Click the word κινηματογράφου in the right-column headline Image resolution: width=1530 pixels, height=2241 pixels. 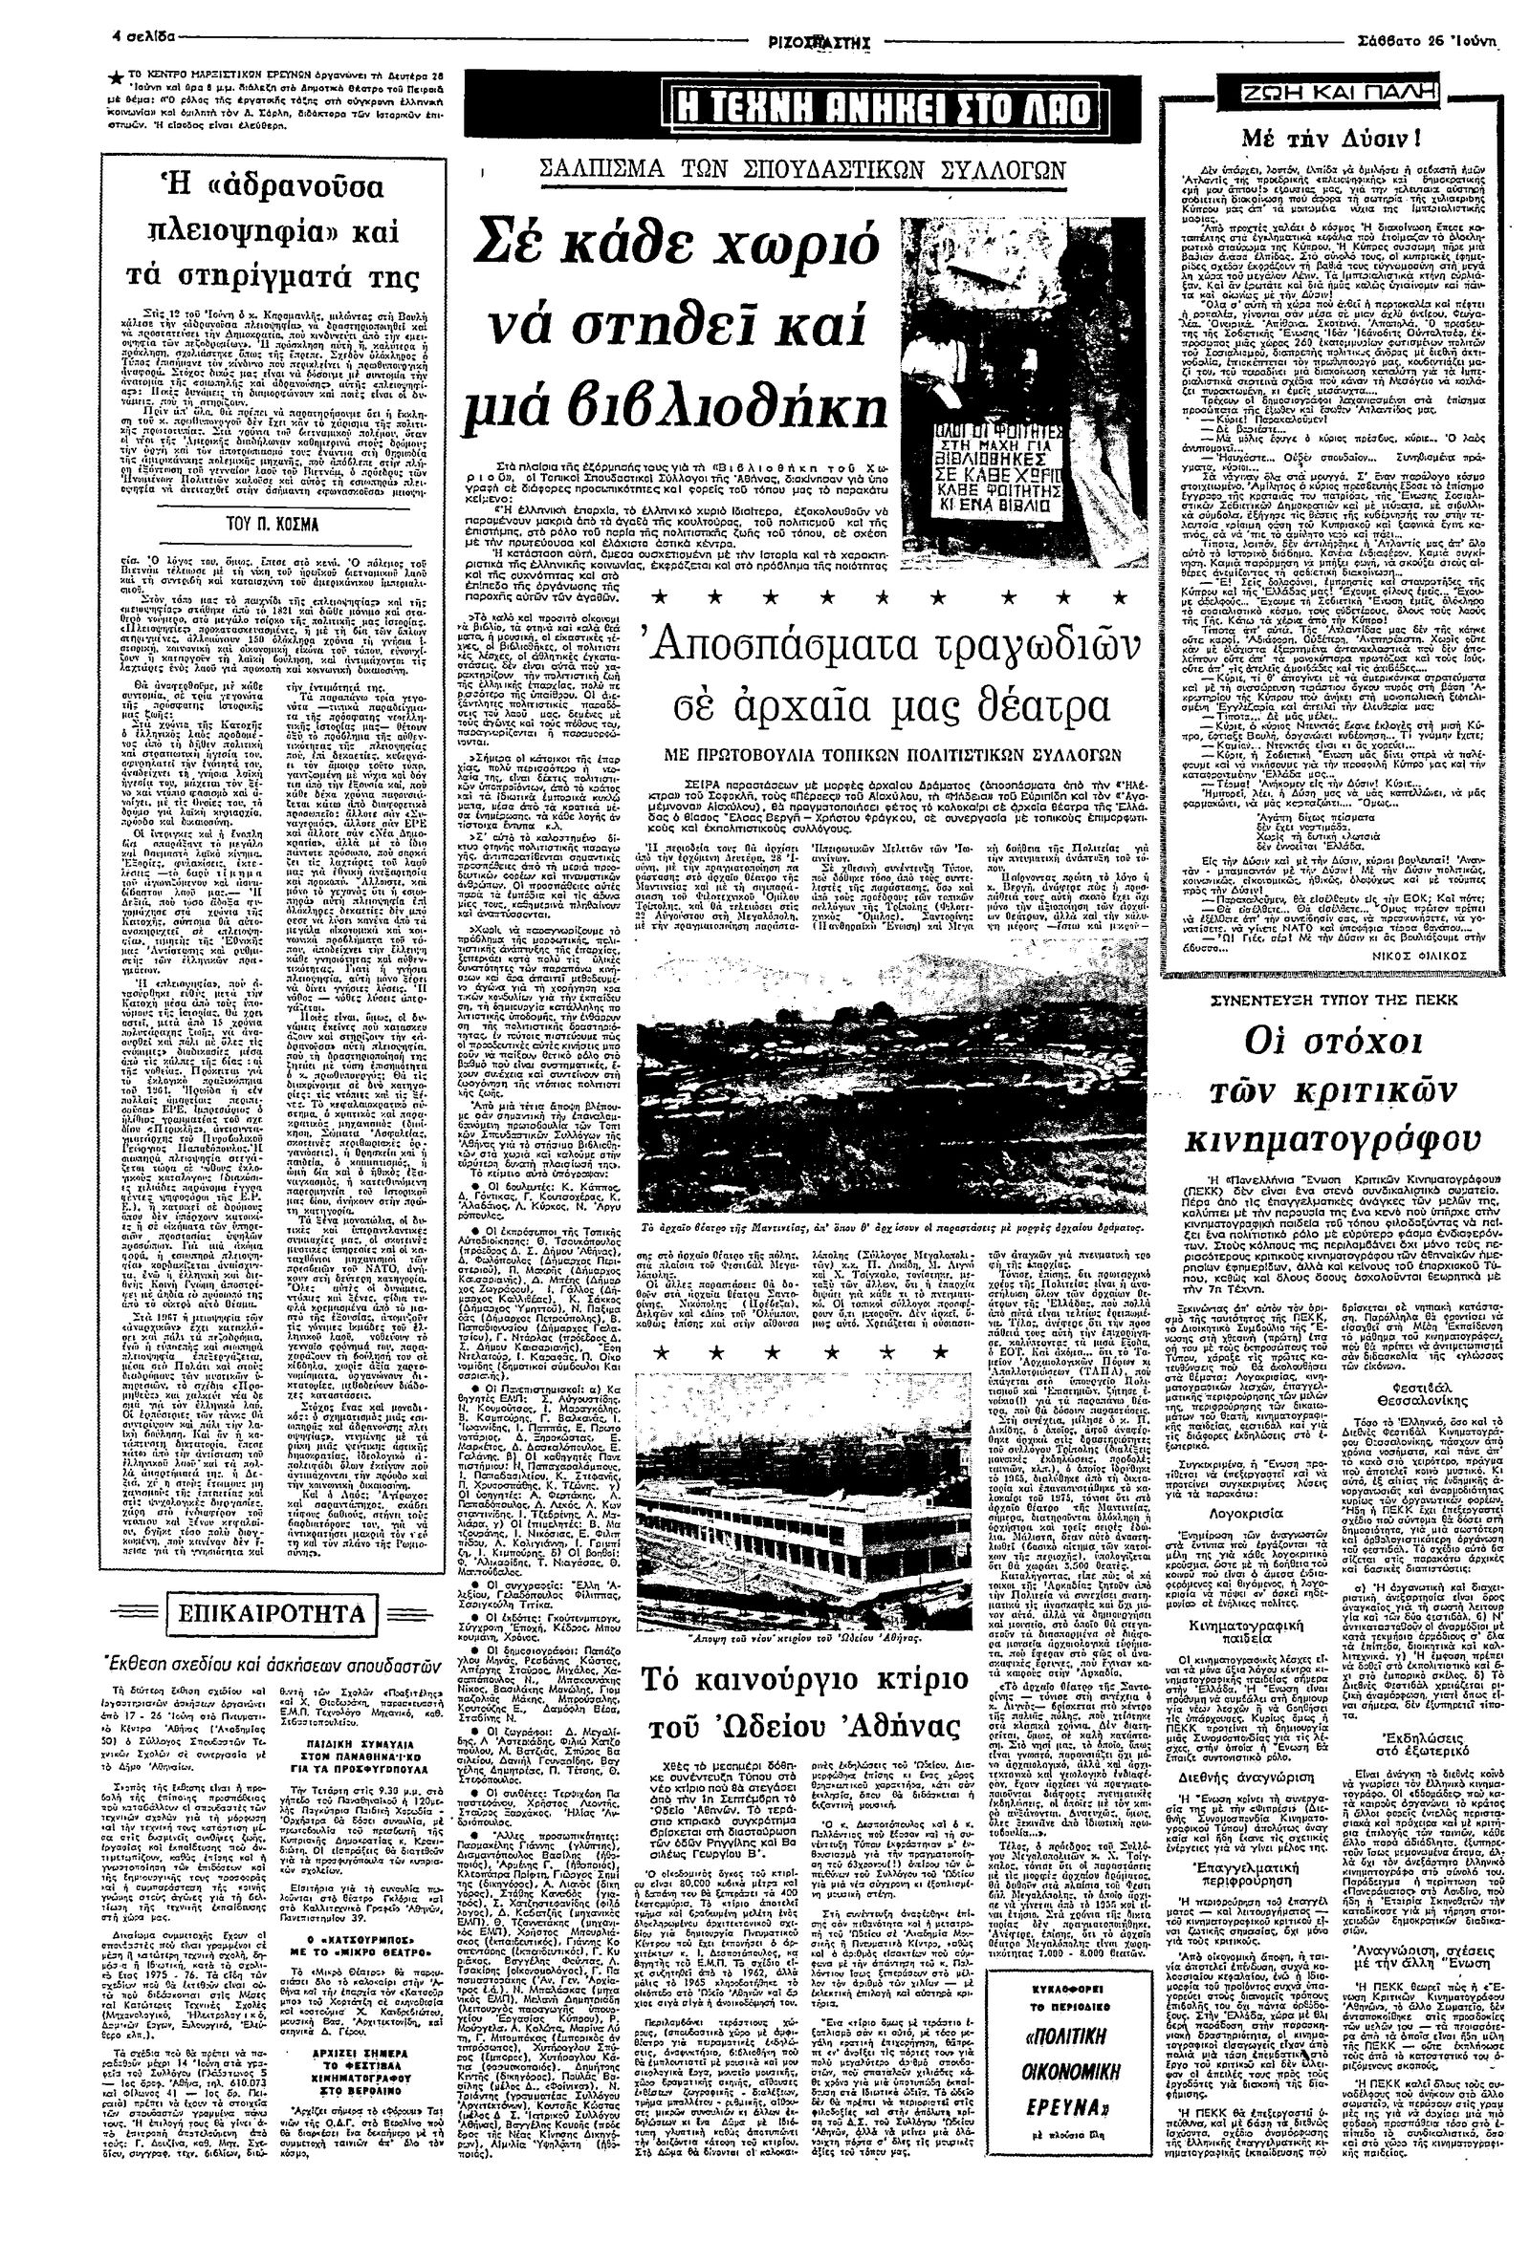[x=1335, y=1141]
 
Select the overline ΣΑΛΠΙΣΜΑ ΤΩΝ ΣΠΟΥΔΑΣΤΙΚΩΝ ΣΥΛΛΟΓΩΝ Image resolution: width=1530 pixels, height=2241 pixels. [x=801, y=172]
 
